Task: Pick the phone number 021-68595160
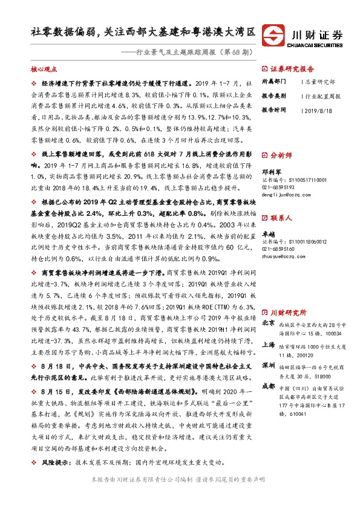[x=278, y=249]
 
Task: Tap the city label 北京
[x=268, y=323]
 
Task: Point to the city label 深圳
[x=268, y=366]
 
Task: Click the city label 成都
[x=268, y=387]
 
